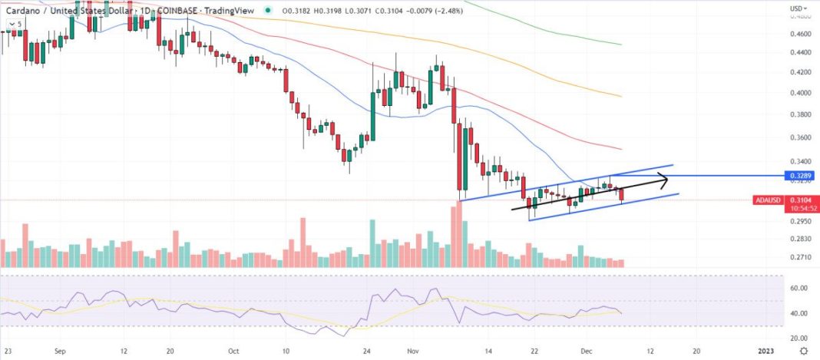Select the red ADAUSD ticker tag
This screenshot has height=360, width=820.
(x=768, y=199)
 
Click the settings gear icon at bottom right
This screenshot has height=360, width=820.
(x=802, y=351)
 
